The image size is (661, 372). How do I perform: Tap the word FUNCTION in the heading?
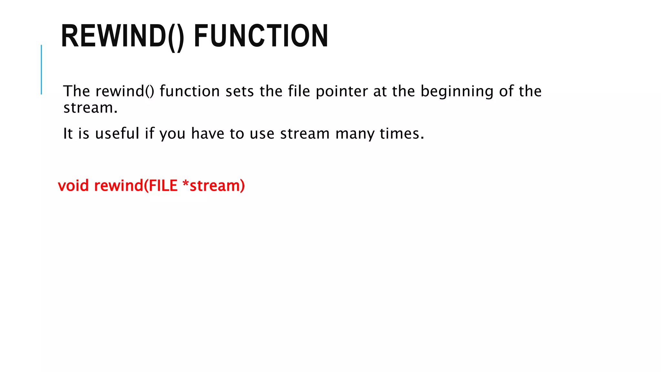pos(261,36)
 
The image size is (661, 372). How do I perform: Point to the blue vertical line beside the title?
pos(41,69)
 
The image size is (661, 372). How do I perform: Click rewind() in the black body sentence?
pos(125,91)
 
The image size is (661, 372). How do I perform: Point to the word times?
pos(401,133)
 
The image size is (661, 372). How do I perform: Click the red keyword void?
pos(73,186)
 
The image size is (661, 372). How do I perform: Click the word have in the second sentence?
pos(208,133)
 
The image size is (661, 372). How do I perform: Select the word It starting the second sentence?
pos(68,133)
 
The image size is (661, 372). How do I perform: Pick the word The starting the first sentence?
pos(76,91)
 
